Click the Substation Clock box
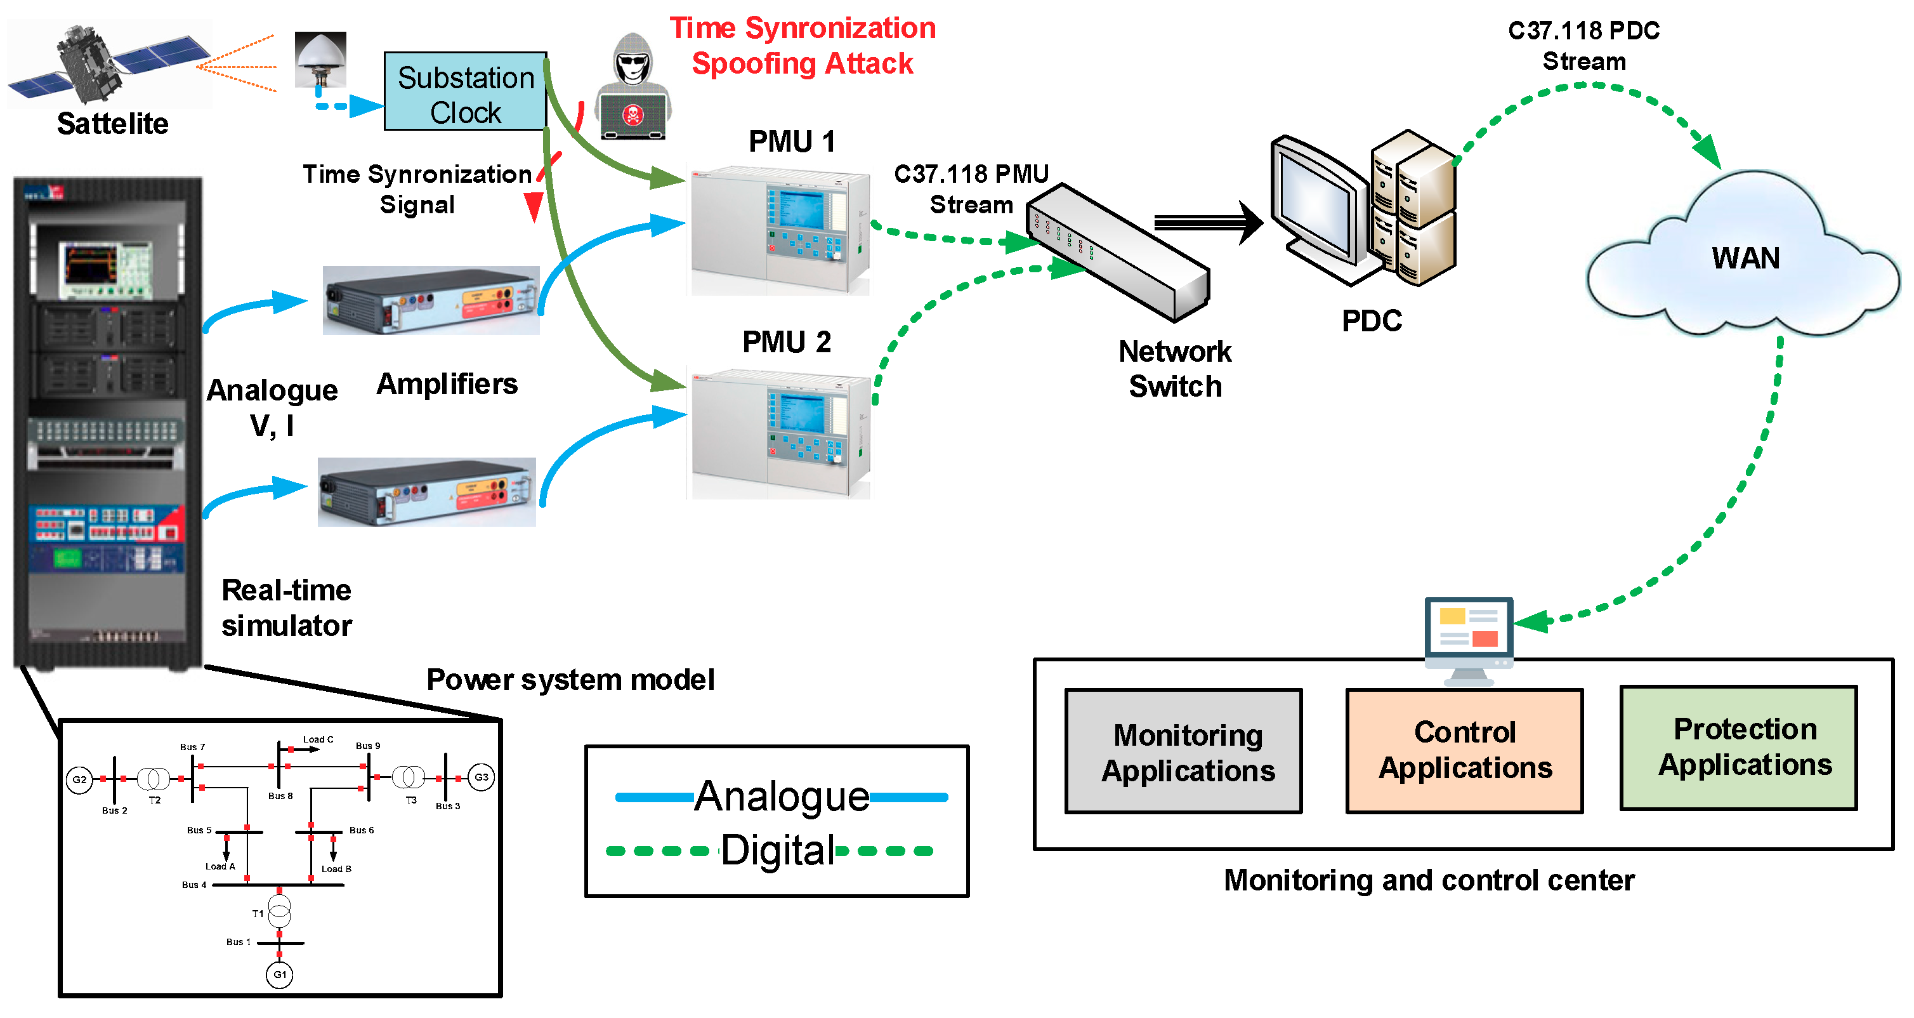tap(465, 91)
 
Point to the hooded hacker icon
tap(633, 88)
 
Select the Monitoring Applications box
tap(1184, 752)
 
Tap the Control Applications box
tap(1464, 751)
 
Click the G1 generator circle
tap(279, 975)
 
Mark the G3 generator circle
tap(482, 778)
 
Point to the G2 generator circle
tap(79, 780)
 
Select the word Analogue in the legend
tap(782, 797)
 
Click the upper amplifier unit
tap(431, 301)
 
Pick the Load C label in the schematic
tap(318, 740)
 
